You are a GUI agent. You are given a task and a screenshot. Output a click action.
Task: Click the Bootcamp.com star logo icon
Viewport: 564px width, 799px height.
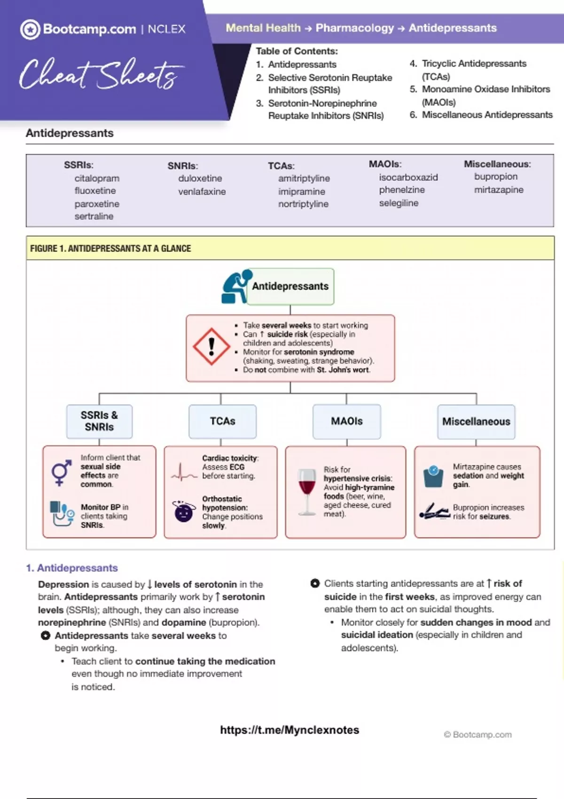30,30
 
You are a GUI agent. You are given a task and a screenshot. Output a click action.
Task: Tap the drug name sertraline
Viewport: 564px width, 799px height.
94,216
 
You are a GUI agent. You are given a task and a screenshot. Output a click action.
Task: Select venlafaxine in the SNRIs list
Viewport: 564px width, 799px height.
202,191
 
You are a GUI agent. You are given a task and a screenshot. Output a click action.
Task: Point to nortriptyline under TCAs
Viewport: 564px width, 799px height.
303,204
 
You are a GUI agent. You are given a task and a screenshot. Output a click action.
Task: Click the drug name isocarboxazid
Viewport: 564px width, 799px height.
408,177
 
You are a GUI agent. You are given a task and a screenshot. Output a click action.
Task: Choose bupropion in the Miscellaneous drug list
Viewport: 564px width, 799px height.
496,176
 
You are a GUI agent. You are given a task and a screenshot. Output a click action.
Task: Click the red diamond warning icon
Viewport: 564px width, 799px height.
211,346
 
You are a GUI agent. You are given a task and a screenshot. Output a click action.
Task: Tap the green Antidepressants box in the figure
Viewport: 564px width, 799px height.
290,286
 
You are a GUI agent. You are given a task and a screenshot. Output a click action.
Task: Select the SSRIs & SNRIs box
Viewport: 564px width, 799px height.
99,421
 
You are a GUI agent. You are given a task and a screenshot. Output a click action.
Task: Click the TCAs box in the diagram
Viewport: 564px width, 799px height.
222,421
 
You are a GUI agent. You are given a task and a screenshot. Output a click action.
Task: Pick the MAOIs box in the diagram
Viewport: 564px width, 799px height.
346,421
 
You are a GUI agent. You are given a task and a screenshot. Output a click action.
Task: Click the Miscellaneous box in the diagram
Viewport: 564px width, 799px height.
476,422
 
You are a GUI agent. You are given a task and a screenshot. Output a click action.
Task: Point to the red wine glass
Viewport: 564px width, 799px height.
307,491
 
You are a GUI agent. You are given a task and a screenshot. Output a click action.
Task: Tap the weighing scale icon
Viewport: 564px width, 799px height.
433,476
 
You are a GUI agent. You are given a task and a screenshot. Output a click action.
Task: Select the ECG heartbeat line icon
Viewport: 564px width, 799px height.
183,472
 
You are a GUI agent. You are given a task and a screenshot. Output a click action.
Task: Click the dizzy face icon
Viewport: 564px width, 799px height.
184,511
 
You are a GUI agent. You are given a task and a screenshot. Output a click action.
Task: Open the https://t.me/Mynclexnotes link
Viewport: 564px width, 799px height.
290,730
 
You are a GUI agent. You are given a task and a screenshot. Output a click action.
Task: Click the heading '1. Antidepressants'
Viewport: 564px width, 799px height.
72,568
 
